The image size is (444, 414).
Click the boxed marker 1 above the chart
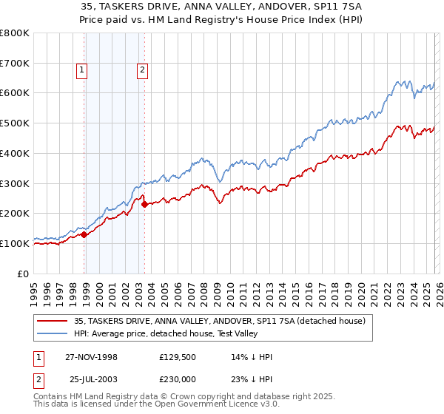(81, 71)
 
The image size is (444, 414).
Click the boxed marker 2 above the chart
(141, 71)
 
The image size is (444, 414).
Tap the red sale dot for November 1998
(84, 234)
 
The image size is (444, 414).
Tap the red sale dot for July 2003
(144, 204)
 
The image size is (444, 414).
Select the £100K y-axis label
(15, 243)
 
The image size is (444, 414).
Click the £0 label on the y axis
(23, 274)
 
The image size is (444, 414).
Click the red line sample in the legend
(53, 321)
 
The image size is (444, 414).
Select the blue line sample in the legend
(53, 333)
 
